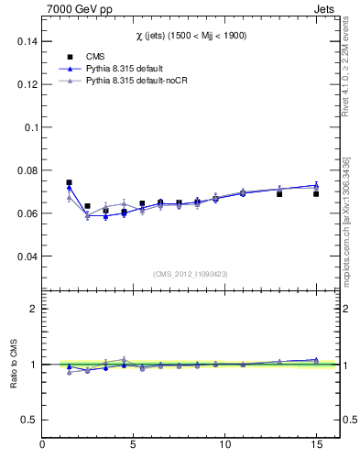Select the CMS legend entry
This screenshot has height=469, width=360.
(94, 56)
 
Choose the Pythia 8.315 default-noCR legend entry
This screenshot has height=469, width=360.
(129, 82)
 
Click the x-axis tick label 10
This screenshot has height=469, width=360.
(224, 445)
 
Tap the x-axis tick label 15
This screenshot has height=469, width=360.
(316, 445)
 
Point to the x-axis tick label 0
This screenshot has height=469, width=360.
(42, 445)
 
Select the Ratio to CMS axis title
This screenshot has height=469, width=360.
(14, 365)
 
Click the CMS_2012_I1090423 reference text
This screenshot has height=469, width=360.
(191, 274)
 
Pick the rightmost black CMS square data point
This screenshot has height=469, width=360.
(316, 194)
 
